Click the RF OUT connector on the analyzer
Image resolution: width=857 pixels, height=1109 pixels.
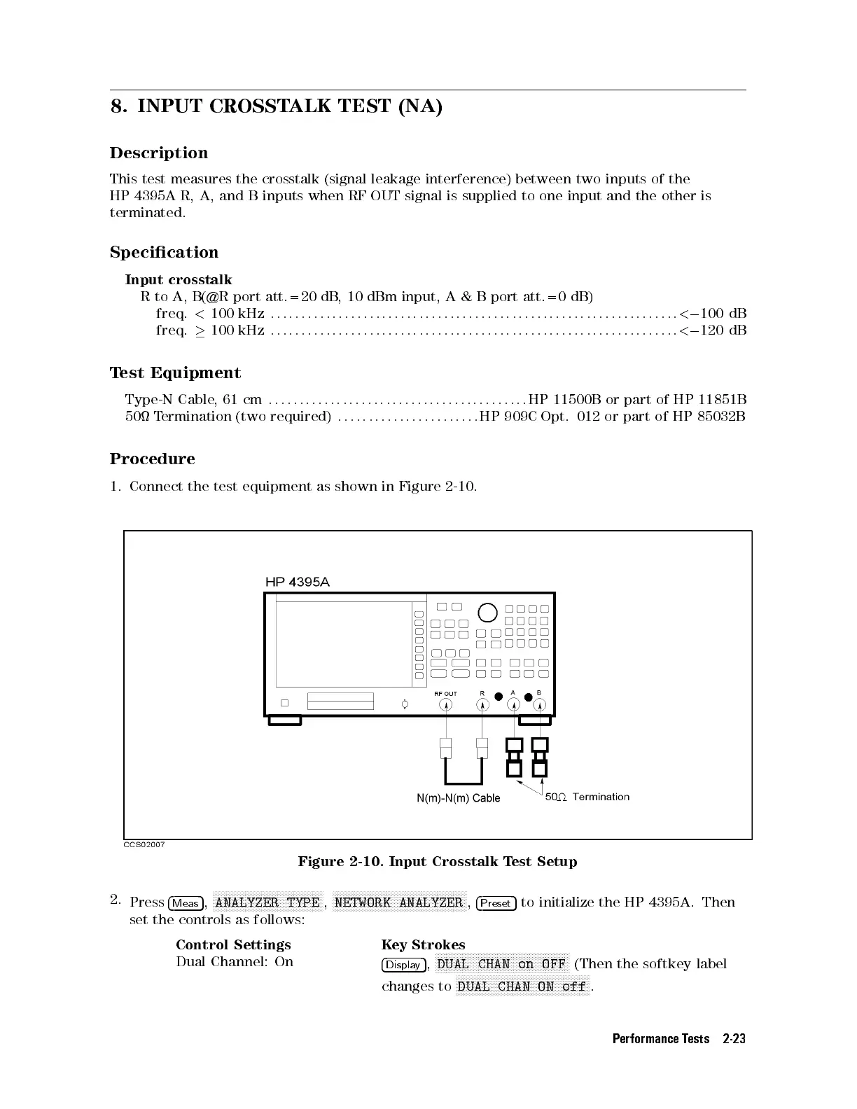coord(445,705)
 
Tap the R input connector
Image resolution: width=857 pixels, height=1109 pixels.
coord(482,705)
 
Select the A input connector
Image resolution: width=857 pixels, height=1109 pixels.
coord(515,705)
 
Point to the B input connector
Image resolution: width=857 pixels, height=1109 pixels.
coord(539,705)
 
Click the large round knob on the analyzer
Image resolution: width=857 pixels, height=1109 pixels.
coord(487,613)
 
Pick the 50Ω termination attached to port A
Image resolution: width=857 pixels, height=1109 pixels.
coord(515,758)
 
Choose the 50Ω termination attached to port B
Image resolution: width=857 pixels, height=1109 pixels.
coord(539,758)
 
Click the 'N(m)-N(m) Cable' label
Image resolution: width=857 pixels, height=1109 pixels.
coord(459,798)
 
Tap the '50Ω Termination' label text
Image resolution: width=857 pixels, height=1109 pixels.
coord(587,797)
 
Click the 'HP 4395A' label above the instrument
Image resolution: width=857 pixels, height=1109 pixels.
coord(298,582)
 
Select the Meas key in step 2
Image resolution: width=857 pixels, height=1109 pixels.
coord(186,903)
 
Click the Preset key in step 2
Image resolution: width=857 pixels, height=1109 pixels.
coord(496,903)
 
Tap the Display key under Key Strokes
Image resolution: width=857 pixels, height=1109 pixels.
coord(403,965)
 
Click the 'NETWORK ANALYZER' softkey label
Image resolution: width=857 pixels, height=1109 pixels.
coord(399,902)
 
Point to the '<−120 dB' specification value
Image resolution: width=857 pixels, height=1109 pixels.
coord(712,330)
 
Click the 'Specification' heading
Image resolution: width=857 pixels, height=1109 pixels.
coord(164,252)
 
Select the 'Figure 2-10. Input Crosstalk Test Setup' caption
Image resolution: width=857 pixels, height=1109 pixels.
coord(438,862)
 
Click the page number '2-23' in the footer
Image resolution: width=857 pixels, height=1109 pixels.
coord(734,1039)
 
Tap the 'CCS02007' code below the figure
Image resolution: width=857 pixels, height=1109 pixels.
coord(144,845)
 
